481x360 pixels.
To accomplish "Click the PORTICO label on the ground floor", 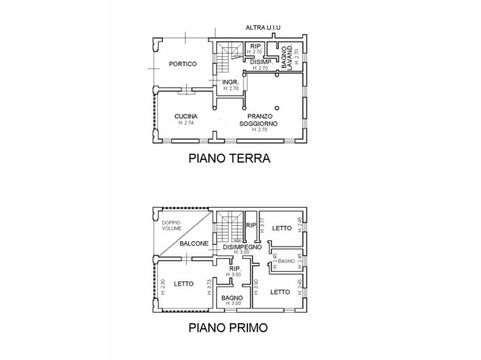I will (x=183, y=64).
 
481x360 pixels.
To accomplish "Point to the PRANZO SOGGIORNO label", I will (x=259, y=120).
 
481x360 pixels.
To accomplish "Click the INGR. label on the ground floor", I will (x=230, y=83).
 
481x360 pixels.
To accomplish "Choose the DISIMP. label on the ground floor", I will (x=261, y=62).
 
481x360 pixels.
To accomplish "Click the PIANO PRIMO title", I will (x=229, y=327).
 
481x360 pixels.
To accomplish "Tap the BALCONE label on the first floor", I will (x=193, y=244).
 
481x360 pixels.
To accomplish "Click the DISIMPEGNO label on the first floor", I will (x=241, y=247).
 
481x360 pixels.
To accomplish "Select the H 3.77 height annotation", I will (x=263, y=225).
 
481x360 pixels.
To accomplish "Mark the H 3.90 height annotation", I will (x=256, y=284).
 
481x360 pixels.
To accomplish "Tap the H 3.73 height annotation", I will (x=208, y=284).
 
